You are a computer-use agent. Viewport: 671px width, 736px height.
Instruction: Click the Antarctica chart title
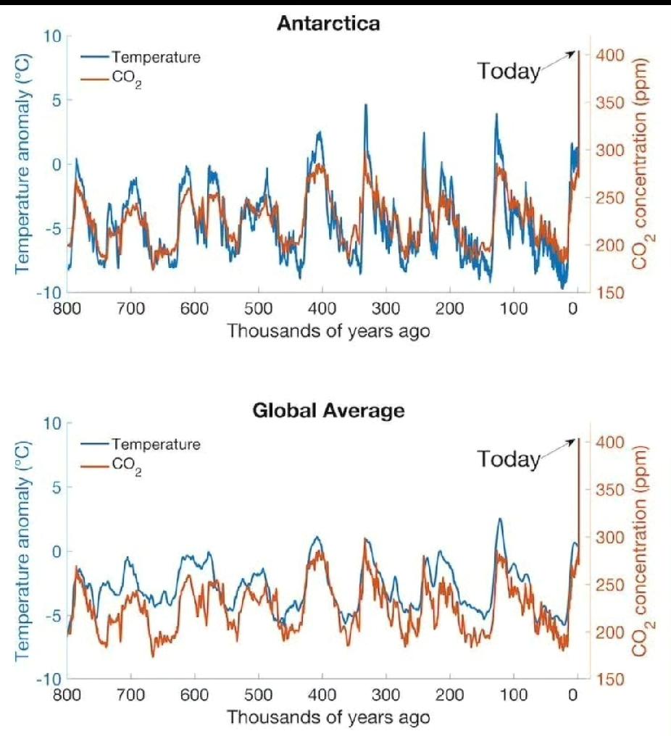click(328, 23)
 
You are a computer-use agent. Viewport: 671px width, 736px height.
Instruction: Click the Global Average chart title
click(328, 411)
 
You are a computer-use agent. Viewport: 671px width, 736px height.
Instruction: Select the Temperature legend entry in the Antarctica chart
click(156, 57)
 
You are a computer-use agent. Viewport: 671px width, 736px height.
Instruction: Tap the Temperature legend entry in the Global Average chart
click(156, 444)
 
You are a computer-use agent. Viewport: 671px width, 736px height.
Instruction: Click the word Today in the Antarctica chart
click(509, 71)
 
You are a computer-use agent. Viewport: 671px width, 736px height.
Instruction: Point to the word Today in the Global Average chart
click(509, 459)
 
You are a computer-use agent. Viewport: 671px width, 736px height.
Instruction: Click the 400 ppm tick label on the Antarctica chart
click(609, 55)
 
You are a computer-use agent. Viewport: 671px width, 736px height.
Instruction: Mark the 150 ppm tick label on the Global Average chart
click(609, 679)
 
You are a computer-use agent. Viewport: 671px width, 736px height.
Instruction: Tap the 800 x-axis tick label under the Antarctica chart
click(67, 308)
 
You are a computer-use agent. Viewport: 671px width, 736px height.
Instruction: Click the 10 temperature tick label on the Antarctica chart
click(53, 36)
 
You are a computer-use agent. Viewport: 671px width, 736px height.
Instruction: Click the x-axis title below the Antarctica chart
click(328, 332)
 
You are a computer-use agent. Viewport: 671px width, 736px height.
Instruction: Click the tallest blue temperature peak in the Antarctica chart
click(366, 105)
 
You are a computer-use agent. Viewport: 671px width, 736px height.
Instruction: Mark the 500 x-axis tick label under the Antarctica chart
click(259, 308)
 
